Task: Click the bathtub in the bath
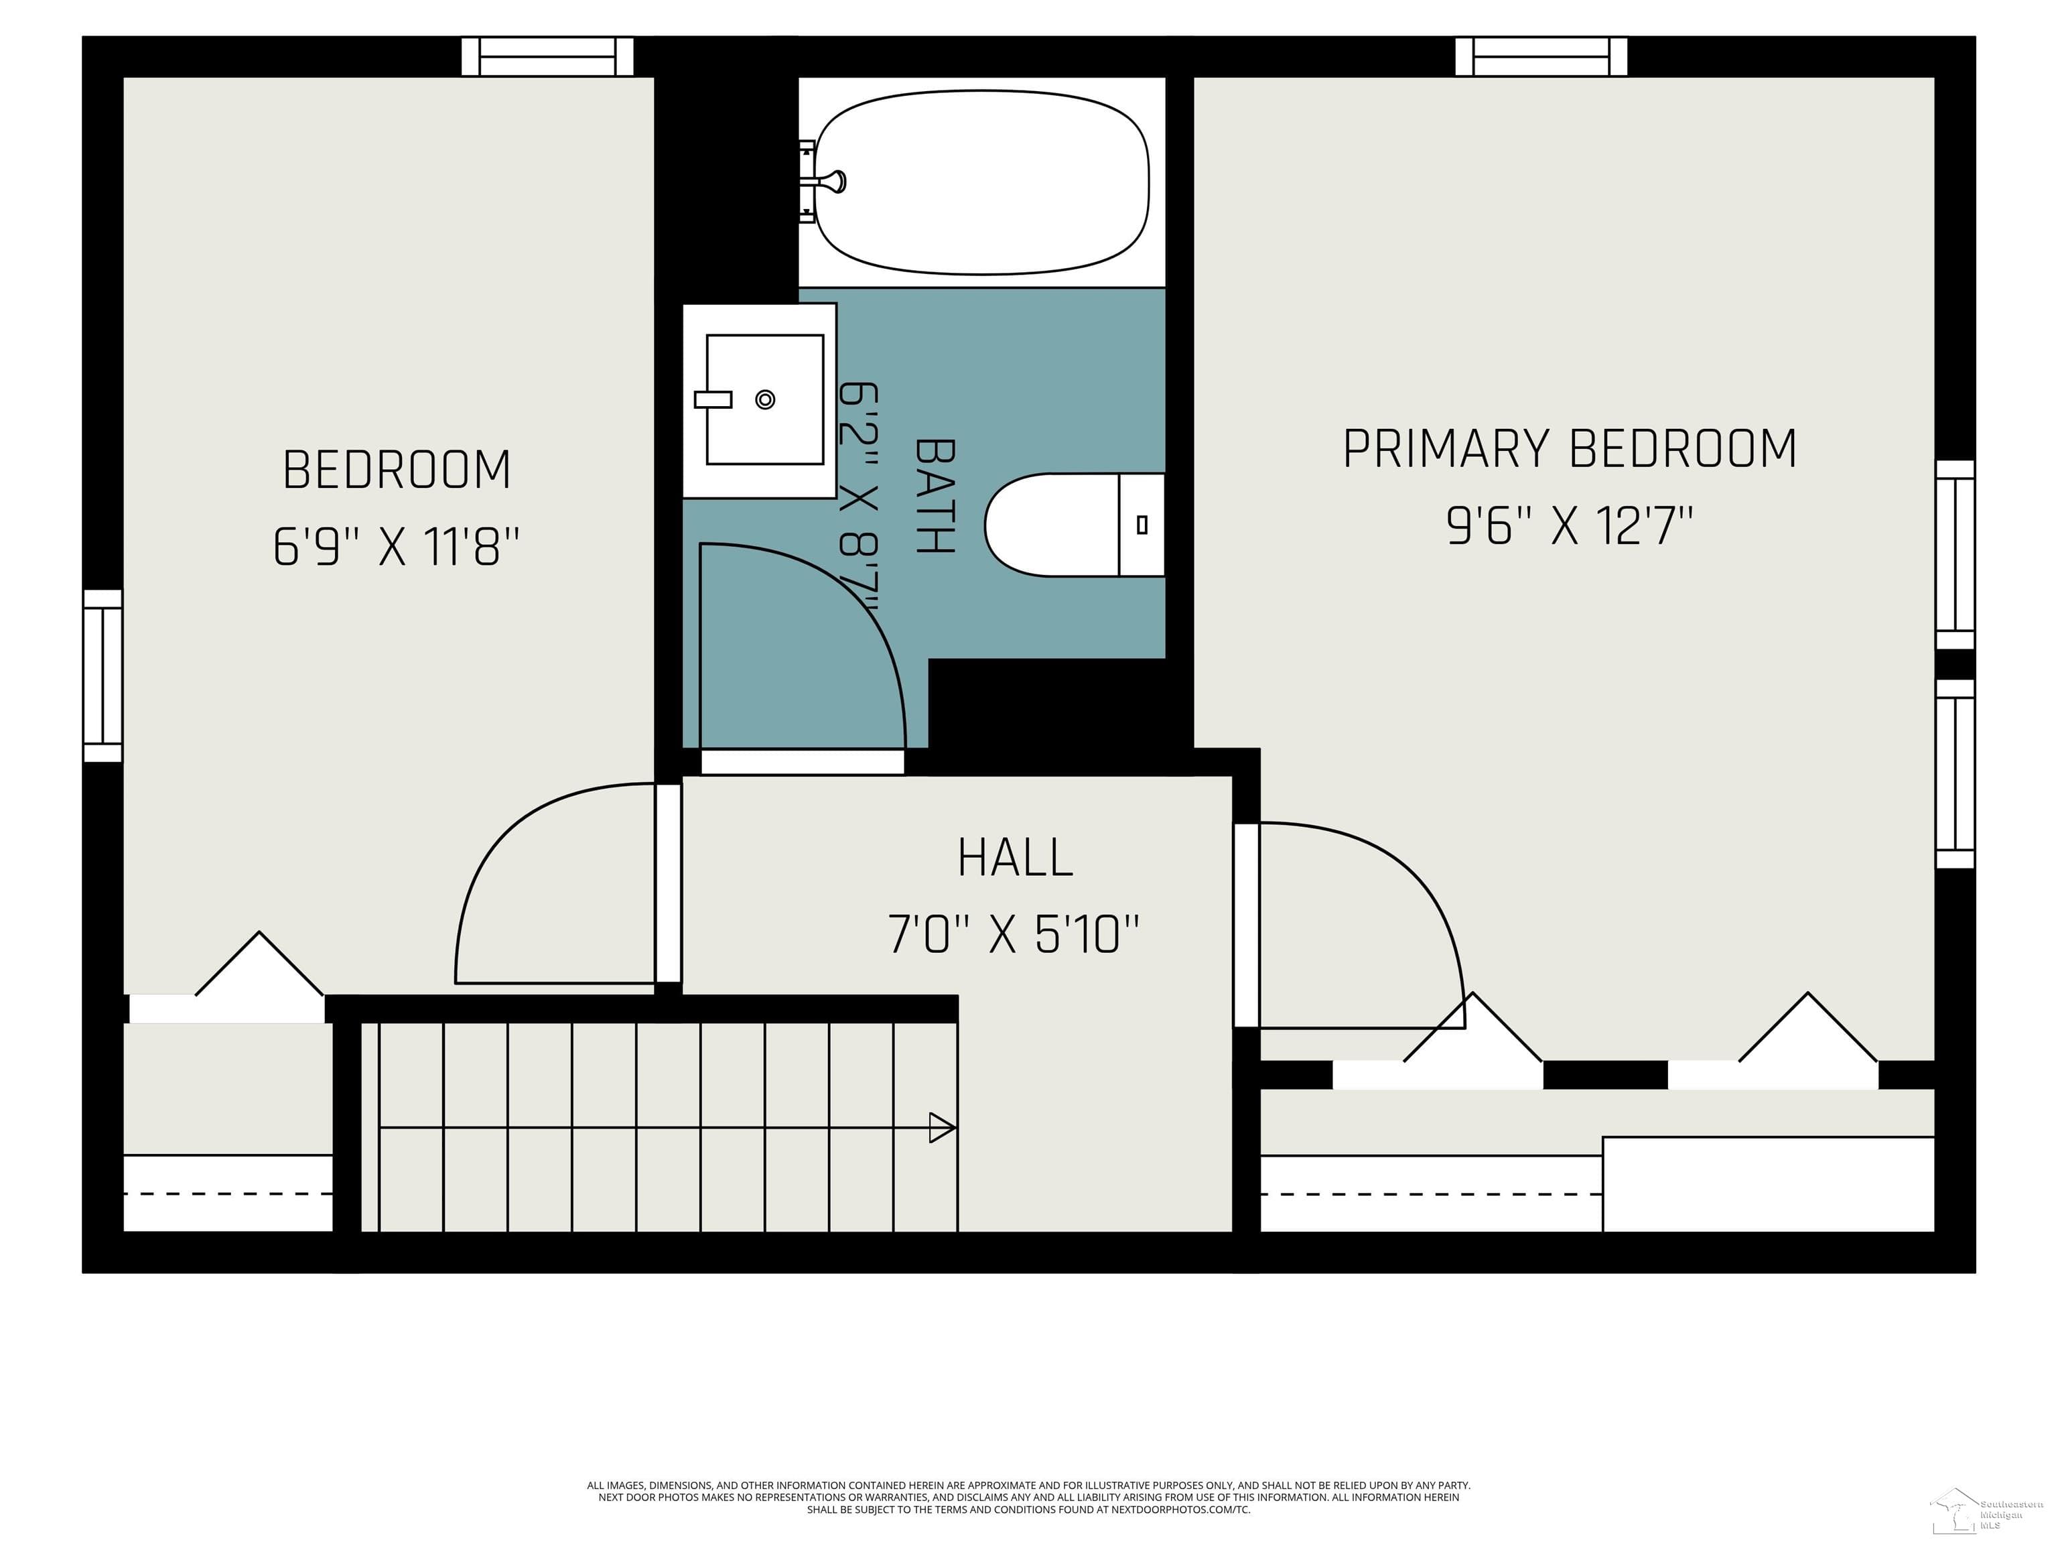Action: click(x=981, y=182)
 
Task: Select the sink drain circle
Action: click(x=765, y=399)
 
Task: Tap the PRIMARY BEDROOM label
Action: click(x=1570, y=448)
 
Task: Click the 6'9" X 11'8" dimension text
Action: click(x=397, y=546)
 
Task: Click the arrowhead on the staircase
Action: click(x=941, y=1128)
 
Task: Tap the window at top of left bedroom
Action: click(x=548, y=57)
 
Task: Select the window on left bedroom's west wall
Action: click(x=102, y=675)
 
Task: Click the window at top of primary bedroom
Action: click(x=1541, y=57)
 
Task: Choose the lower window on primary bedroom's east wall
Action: click(x=1955, y=773)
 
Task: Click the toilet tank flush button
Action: click(x=1142, y=525)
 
